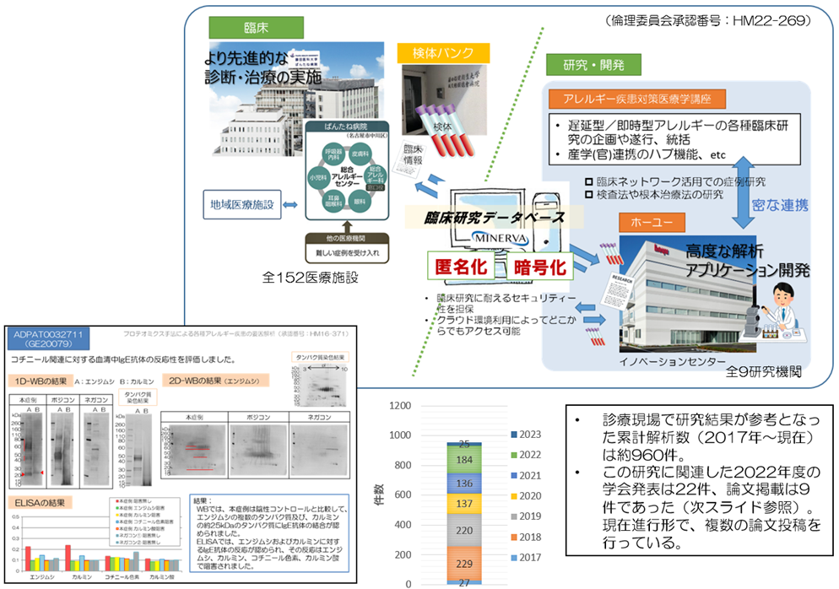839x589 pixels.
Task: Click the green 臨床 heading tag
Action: (233, 27)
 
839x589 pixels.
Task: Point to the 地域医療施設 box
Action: (242, 204)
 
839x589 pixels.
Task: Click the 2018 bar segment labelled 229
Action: (463, 561)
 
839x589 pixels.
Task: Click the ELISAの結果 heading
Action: (40, 502)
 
